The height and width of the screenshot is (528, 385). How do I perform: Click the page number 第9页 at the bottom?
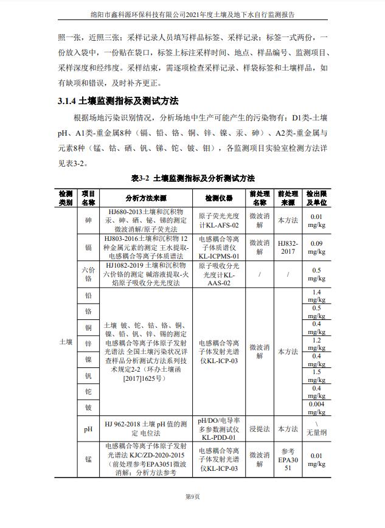point(192,497)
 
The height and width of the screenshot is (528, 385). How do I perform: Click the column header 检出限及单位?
point(316,198)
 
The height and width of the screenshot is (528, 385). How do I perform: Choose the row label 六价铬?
point(88,274)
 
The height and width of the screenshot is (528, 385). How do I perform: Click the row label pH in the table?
point(88,429)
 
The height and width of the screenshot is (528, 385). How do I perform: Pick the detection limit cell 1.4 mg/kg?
point(316,296)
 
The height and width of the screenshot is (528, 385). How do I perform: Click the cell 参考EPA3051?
point(288,459)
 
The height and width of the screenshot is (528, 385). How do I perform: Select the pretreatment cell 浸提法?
point(259,429)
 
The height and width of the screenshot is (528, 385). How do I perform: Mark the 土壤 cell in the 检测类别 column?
point(66,342)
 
